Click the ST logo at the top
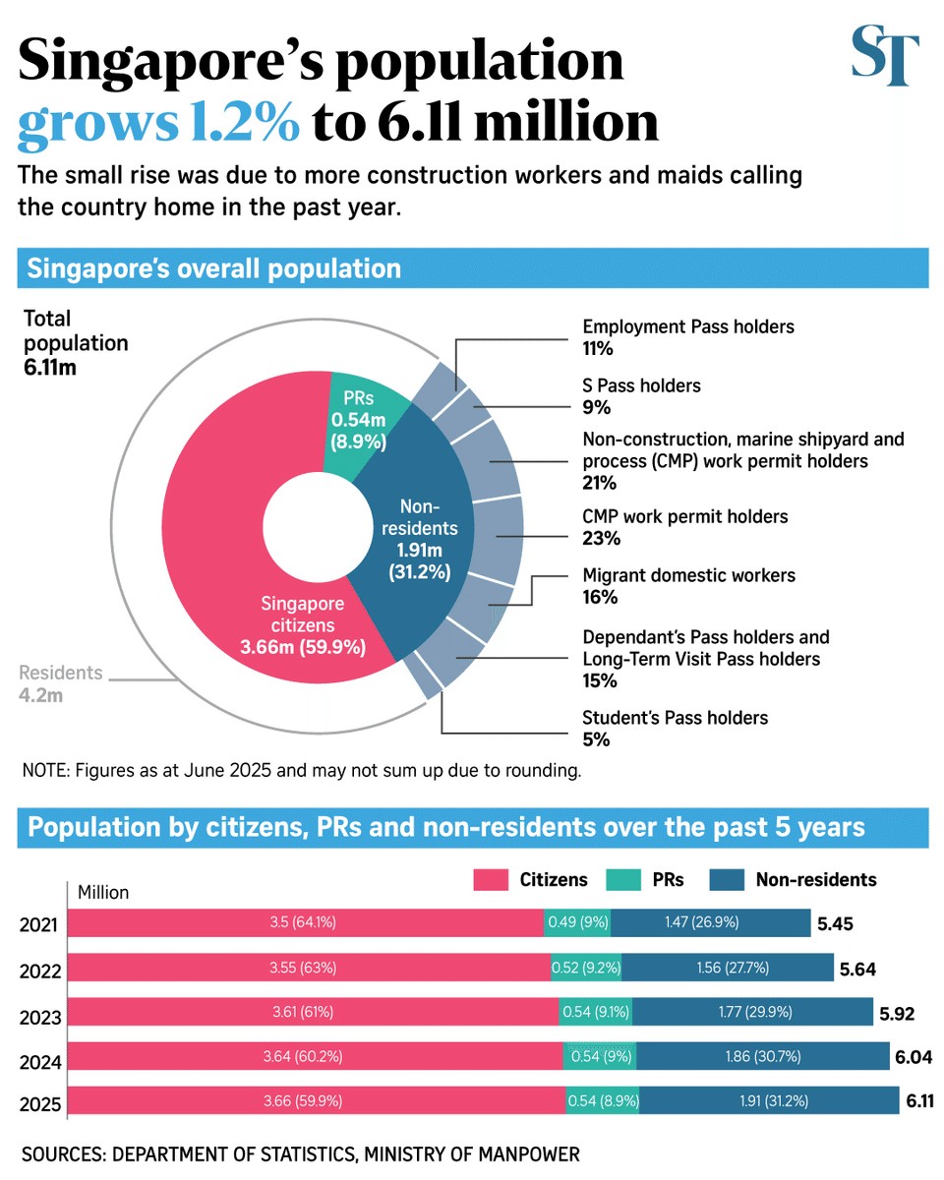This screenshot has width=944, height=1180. [885, 57]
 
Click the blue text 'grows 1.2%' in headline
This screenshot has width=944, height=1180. [159, 122]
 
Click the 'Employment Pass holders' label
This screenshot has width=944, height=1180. [687, 326]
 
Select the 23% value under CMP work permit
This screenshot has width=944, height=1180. [599, 538]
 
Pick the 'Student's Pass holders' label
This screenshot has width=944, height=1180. [675, 718]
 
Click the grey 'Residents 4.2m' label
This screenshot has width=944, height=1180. [61, 684]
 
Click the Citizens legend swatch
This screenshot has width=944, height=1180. [490, 880]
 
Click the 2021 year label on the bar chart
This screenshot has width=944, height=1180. [39, 925]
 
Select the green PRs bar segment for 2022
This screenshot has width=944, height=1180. [586, 967]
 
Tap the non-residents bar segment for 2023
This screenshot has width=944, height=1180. [751, 1011]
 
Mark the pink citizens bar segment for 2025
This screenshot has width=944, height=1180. [317, 1101]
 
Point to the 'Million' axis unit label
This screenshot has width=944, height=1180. [104, 893]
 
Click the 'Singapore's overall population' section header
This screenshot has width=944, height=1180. [214, 268]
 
